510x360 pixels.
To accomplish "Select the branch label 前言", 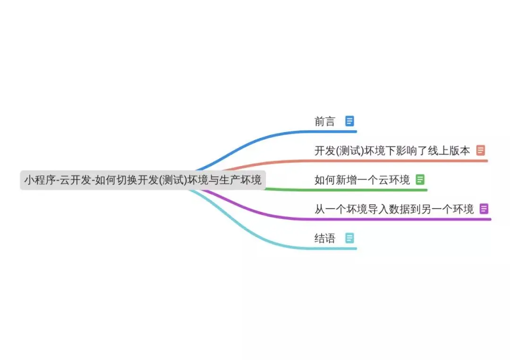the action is point(324,121).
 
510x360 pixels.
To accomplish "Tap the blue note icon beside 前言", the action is point(349,121).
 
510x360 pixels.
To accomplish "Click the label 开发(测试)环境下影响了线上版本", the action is point(392,151).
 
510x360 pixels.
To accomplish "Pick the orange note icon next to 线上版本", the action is point(481,151).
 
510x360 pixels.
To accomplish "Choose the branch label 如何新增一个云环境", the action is point(362,180).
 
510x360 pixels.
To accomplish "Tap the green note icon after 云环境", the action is point(420,180).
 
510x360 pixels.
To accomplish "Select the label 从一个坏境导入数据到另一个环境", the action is point(394,209).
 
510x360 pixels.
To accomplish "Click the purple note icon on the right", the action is point(484,209).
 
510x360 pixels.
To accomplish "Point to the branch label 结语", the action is point(324,238).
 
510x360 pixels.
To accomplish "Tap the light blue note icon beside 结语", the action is point(349,238).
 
